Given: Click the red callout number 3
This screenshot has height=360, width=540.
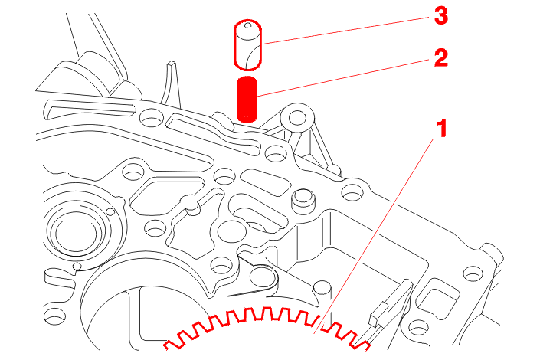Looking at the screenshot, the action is tap(441, 16).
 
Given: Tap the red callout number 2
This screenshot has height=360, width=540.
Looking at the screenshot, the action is tap(441, 57).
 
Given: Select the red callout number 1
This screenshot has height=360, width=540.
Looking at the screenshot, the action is tap(442, 128).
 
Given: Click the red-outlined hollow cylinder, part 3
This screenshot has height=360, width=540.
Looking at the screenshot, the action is tap(247, 44).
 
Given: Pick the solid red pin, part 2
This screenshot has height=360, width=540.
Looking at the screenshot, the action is tap(247, 100).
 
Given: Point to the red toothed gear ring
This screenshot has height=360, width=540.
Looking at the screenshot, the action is tap(267, 327).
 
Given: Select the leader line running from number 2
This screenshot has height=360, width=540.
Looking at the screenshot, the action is tap(344, 78).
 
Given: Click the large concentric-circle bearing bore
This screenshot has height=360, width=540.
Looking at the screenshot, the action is tap(77, 233).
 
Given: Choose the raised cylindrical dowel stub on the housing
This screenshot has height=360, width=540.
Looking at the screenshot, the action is tap(303, 201).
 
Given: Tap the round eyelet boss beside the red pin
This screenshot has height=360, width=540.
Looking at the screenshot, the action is tap(297, 119).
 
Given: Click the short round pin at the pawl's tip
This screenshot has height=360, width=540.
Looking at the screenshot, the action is tap(322, 288).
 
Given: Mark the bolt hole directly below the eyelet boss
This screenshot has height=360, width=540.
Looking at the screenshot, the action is tap(276, 153).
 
